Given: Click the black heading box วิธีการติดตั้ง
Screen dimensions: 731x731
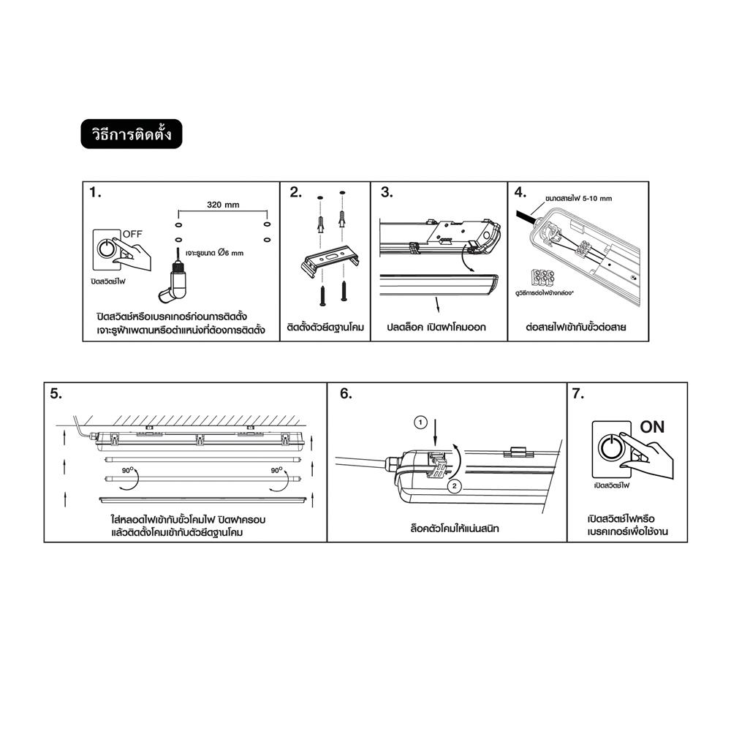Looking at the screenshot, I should click(x=131, y=135).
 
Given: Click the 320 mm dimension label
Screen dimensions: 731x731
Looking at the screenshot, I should click(x=223, y=205).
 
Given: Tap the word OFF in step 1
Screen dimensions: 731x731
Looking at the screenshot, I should click(x=132, y=233).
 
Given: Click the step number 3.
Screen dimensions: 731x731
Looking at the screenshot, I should click(x=387, y=193).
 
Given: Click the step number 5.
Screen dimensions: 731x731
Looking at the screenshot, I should click(x=56, y=393).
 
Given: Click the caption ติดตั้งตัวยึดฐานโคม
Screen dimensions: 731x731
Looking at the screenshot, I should click(x=325, y=327).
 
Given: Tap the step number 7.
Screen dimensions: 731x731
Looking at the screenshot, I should click(x=578, y=393).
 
